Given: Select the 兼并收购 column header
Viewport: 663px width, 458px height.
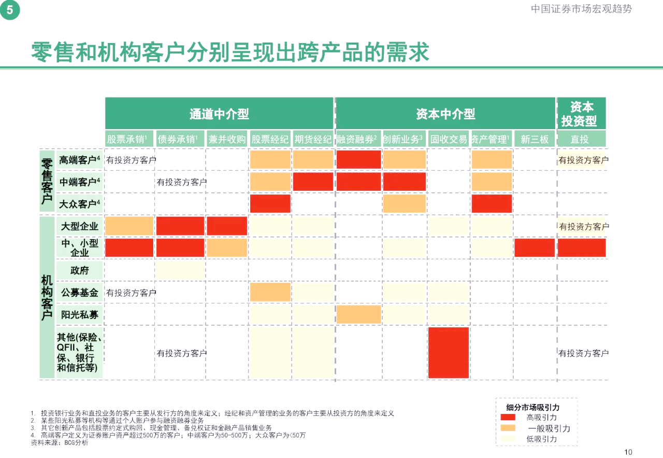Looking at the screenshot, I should (227, 139).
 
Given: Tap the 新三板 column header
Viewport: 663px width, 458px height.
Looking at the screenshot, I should (535, 139).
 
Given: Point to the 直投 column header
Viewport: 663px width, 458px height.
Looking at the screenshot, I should (581, 139).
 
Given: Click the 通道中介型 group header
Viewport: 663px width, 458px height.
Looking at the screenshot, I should (219, 114).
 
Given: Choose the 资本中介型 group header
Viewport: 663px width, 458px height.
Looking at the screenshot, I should (445, 114).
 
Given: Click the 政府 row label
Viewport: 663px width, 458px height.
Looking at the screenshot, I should (79, 270).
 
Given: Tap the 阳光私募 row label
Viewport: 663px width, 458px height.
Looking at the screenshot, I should (79, 314).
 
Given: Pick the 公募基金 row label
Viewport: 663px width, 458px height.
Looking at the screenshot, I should (79, 293).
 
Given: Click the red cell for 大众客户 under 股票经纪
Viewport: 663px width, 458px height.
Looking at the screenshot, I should (270, 203).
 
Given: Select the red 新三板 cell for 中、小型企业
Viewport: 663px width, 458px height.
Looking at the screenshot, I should (535, 248).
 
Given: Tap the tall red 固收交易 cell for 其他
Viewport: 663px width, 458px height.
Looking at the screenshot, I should (449, 353).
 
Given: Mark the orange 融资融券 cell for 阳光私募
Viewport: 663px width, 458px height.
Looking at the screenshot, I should (358, 314).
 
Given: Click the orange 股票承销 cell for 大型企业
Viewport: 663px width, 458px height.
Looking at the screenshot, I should (129, 226).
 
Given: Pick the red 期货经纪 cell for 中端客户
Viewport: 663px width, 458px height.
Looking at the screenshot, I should (313, 182).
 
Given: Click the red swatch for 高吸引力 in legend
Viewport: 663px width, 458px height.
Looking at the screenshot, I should (508, 418).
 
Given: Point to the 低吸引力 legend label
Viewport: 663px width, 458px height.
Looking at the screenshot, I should (542, 439).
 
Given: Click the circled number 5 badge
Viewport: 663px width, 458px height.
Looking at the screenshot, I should (10, 10).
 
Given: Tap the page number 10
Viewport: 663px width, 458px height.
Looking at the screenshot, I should (628, 452).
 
